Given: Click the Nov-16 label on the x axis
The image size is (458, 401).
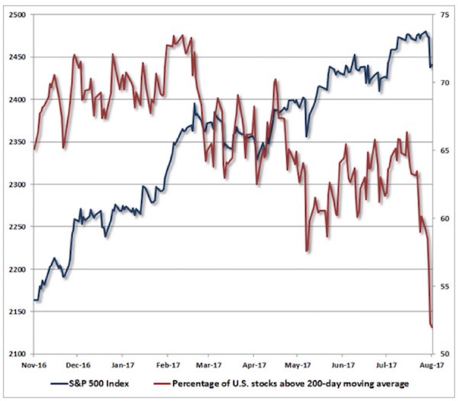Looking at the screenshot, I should (34, 367).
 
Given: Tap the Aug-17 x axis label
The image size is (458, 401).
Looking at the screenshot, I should (432, 367).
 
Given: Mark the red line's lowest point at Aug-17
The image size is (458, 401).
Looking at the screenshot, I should (432, 328).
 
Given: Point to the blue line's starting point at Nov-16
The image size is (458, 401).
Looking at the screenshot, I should (34, 300).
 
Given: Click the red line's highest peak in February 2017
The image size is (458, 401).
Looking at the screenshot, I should (181, 35).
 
